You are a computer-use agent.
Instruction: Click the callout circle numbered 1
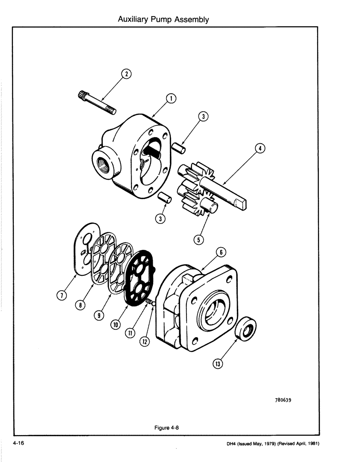[x=170, y=98]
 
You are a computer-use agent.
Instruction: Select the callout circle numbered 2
[x=126, y=73]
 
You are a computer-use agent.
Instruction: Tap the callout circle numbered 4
[x=260, y=148]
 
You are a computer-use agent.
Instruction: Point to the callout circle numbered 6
[x=221, y=252]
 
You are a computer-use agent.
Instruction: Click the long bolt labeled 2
[x=96, y=103]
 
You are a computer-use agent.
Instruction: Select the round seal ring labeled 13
[x=245, y=333]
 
